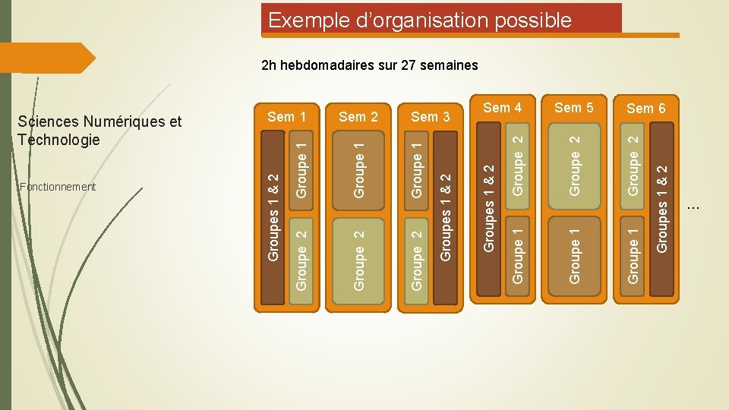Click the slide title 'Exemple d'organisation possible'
point(419,20)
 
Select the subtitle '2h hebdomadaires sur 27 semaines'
point(369,65)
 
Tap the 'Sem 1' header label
point(287,116)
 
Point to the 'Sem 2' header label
point(358,116)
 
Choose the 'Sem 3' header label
point(430,116)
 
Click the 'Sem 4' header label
point(503,108)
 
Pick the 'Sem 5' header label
point(574,108)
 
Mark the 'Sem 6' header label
point(646,108)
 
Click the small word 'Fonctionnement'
point(58,187)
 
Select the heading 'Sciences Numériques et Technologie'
point(99,130)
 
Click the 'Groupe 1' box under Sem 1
point(301,166)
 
